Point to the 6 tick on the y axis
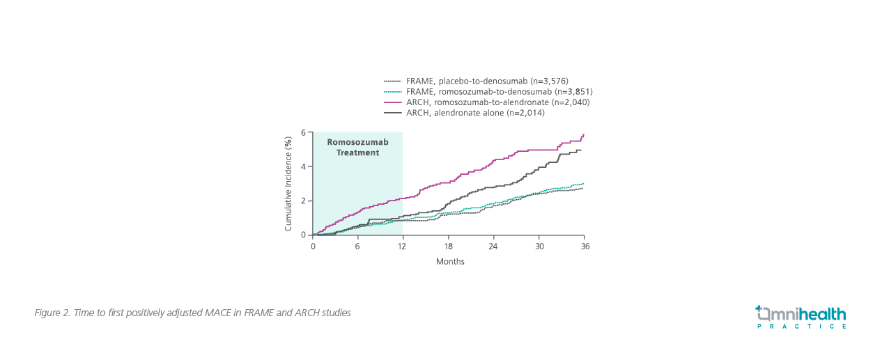pyautogui.click(x=304, y=132)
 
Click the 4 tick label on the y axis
pyautogui.click(x=304, y=166)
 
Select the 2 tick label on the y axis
pyautogui.click(x=304, y=201)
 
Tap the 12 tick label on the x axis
pyautogui.click(x=403, y=246)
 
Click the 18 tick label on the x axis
pyautogui.click(x=449, y=246)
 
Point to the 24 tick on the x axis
pyautogui.click(x=494, y=246)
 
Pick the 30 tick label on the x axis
pyautogui.click(x=539, y=246)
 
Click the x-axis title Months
pyautogui.click(x=450, y=262)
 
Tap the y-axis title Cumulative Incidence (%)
pyautogui.click(x=288, y=184)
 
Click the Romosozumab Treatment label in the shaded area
pyautogui.click(x=358, y=147)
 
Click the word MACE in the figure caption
pyautogui.click(x=222, y=313)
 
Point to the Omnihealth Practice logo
pyautogui.click(x=801, y=317)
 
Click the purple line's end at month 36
pyautogui.click(x=584, y=134)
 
